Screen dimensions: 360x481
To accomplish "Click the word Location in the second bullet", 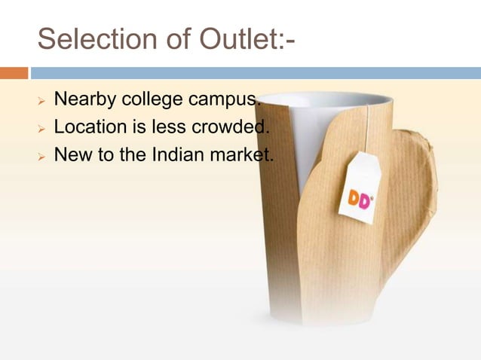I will (90, 127).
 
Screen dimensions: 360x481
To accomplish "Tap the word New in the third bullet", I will (70, 155).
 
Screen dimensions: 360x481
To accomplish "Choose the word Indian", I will (176, 155).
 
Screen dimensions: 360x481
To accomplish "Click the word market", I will (242, 155).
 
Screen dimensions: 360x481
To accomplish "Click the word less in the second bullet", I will (167, 127).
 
